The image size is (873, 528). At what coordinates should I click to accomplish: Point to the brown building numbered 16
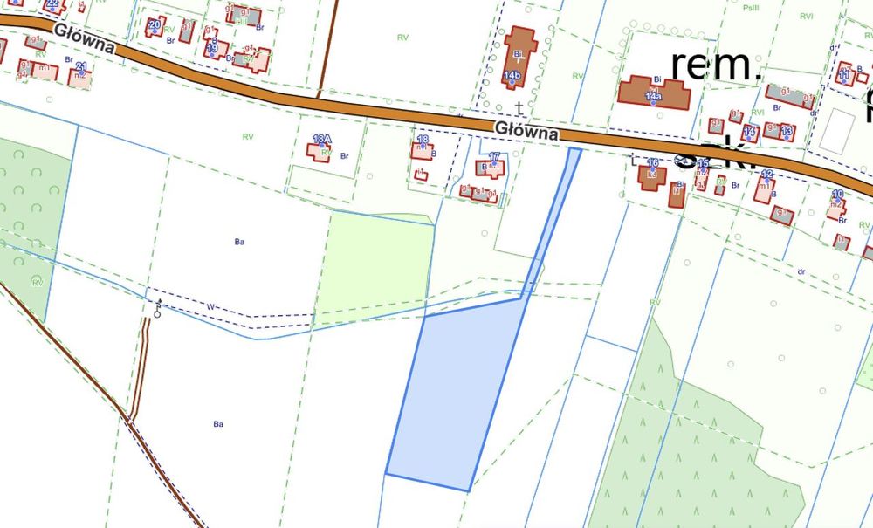[650, 175]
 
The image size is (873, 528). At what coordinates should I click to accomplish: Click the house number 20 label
[154, 24]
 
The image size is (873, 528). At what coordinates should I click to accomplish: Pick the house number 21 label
[81, 67]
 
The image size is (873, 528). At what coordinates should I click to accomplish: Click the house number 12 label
[767, 175]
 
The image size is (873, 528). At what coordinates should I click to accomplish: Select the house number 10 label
[837, 194]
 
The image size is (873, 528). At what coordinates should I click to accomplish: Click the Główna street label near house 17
[526, 131]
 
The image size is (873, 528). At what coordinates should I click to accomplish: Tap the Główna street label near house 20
[84, 38]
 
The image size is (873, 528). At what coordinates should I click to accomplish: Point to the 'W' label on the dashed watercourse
[210, 306]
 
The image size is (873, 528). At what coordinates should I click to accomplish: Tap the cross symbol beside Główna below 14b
[519, 108]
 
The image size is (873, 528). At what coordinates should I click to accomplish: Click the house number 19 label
[212, 48]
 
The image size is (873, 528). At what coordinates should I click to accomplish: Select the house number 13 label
[787, 131]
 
